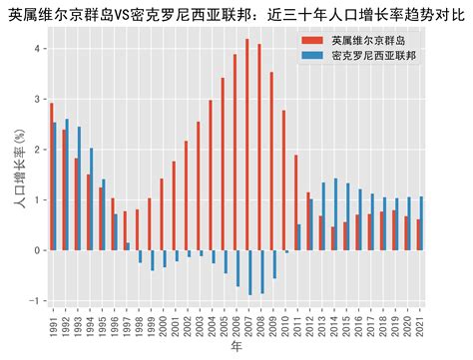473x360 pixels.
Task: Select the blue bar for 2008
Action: [x=262, y=272]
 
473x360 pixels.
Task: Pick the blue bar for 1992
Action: [x=67, y=184]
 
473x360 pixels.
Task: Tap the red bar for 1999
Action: [x=149, y=224]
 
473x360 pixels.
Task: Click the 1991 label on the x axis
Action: [x=52, y=327]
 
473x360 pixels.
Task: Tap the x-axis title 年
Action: [x=236, y=347]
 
